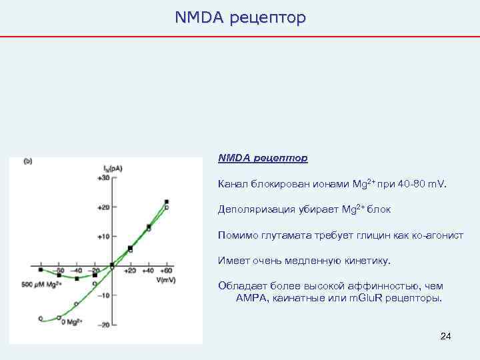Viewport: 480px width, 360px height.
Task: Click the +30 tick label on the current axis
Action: [102, 178]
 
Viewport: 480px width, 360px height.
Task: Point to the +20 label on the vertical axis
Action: [102, 207]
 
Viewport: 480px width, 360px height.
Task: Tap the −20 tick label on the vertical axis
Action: [102, 325]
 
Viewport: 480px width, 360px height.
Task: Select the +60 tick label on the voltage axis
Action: [166, 271]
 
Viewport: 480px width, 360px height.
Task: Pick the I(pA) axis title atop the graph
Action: [113, 167]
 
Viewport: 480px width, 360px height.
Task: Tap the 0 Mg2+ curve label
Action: [72, 323]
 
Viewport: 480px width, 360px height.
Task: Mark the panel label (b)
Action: [29, 161]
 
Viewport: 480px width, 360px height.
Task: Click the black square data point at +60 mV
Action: [167, 201]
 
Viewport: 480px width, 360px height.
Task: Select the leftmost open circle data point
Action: [41, 317]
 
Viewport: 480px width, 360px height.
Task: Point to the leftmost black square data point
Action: [41, 270]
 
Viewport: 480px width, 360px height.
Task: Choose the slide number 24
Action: [446, 336]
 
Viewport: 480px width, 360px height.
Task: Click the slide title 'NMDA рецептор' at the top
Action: [240, 17]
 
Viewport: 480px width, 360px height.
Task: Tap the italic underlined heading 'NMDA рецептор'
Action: [263, 159]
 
